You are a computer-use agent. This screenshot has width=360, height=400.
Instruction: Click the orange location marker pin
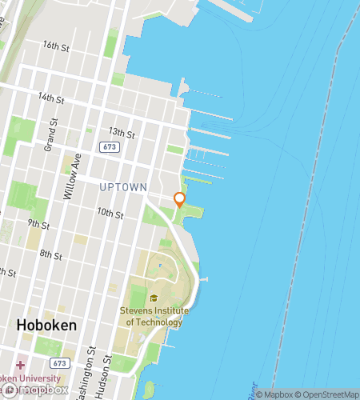179,199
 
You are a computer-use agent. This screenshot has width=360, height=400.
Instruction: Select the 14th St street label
50,98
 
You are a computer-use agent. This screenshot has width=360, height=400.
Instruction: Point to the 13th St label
121,132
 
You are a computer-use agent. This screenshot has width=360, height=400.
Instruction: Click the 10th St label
110,214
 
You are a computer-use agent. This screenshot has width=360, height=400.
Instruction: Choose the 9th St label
38,222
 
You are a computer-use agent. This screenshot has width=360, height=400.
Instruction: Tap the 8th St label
50,255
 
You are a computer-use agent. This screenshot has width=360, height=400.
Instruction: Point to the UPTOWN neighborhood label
123,187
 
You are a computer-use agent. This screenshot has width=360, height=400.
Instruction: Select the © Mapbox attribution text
274,394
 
